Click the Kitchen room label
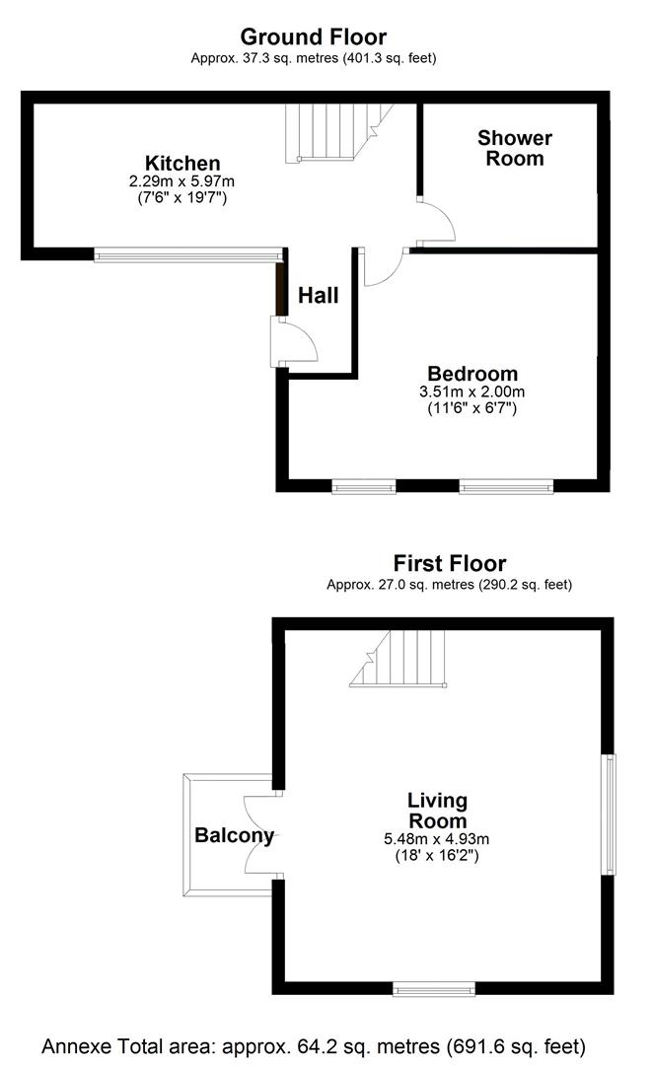[182, 163]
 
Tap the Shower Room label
[515, 148]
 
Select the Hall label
[319, 295]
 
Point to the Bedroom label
[472, 374]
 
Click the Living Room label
[438, 810]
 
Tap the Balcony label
[234, 835]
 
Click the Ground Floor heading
[313, 37]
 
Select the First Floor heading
[449, 563]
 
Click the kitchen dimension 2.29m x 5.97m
[182, 181]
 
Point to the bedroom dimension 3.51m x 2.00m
[472, 391]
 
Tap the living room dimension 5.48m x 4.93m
[438, 839]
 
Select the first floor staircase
[399, 659]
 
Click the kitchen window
[187, 255]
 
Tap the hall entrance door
[294, 341]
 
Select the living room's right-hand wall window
[610, 814]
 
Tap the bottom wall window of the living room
[434, 987]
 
